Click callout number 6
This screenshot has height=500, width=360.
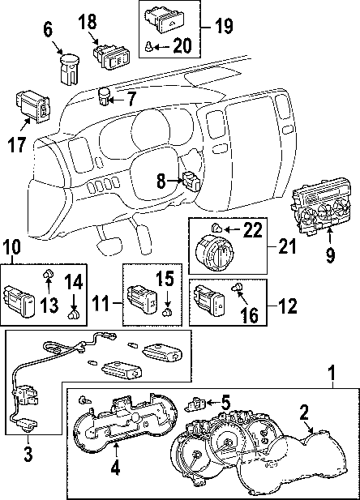[x=47, y=30]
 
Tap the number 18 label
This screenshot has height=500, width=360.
[x=88, y=23]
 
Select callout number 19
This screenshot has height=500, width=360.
[x=224, y=25]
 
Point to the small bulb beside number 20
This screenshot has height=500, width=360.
[x=149, y=46]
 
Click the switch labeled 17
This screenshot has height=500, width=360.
[x=32, y=107]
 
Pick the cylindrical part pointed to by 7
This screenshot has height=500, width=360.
[x=104, y=96]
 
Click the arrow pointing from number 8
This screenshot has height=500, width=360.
[x=175, y=181]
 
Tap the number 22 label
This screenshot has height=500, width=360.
[x=252, y=229]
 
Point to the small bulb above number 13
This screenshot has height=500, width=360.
[x=48, y=273]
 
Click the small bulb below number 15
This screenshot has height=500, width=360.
[x=166, y=312]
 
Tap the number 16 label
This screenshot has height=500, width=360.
[x=250, y=314]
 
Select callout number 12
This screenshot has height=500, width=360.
[x=287, y=306]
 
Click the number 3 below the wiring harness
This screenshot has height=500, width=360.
[x=28, y=454]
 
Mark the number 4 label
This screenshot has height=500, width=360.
[x=115, y=468]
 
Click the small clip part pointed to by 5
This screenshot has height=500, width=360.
[x=194, y=404]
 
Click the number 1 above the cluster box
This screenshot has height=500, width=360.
[x=332, y=373]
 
